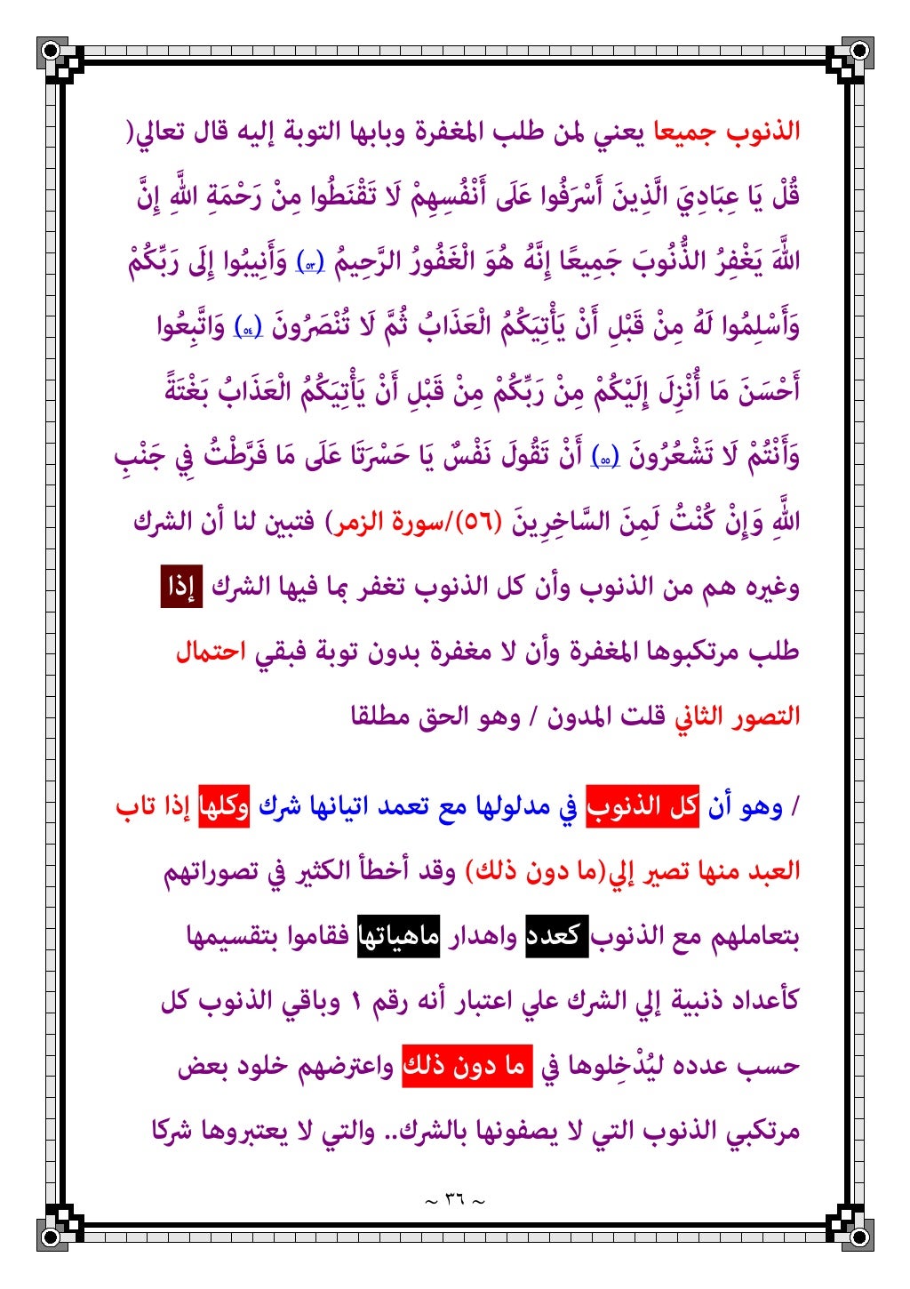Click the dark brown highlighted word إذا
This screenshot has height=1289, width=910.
click(x=181, y=587)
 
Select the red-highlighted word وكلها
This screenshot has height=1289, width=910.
click(x=223, y=806)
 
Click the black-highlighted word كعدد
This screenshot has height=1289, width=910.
click(x=557, y=936)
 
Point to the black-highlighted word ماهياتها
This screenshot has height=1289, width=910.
click(x=398, y=936)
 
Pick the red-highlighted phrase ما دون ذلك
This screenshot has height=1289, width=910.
click(x=467, y=1066)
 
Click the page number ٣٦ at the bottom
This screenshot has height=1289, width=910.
click(x=454, y=1200)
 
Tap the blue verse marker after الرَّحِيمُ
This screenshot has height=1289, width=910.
click(x=309, y=264)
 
